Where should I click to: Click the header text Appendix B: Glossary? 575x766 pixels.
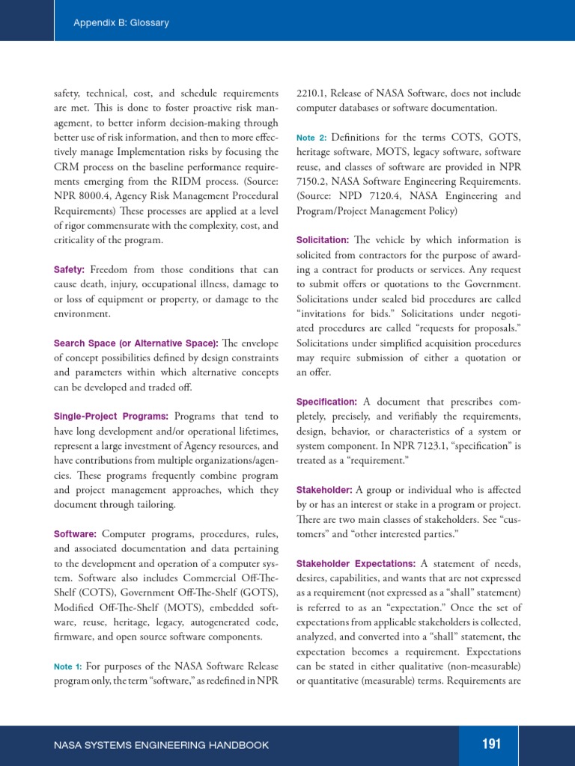121,22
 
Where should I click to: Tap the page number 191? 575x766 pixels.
491,744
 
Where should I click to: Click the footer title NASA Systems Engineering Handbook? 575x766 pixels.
162,745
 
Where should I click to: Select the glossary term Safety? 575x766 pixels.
69,269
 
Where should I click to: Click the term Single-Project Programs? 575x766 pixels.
111,416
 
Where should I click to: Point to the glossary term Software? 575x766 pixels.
75,534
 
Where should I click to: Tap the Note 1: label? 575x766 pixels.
67,667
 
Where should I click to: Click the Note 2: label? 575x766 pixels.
311,138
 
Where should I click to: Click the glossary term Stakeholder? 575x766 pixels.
324,490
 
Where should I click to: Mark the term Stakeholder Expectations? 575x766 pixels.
356,563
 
